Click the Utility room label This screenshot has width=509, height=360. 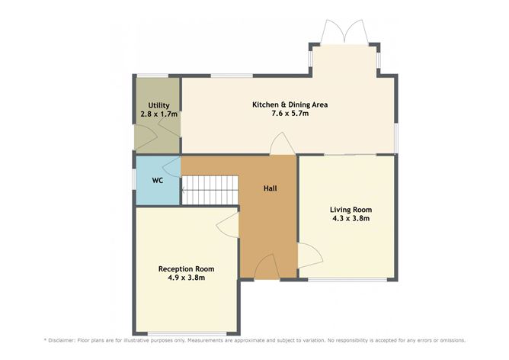coord(158,105)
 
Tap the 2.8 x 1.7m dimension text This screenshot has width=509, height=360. coord(158,114)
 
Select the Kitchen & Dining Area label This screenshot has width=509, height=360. coord(290,104)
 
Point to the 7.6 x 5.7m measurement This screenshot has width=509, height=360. coord(290,114)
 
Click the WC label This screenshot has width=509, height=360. coord(158,180)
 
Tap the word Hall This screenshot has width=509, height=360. coord(270,188)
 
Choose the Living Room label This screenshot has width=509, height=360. coord(351,210)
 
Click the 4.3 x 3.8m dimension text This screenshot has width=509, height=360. coord(351,218)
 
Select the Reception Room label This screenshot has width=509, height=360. coord(187,269)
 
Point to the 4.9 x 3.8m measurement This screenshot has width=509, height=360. coord(187,278)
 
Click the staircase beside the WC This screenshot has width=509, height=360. coord(210,190)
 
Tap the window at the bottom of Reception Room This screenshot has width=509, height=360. coord(187,333)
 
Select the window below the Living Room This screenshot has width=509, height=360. coord(347,279)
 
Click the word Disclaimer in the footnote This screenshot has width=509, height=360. coord(62,340)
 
